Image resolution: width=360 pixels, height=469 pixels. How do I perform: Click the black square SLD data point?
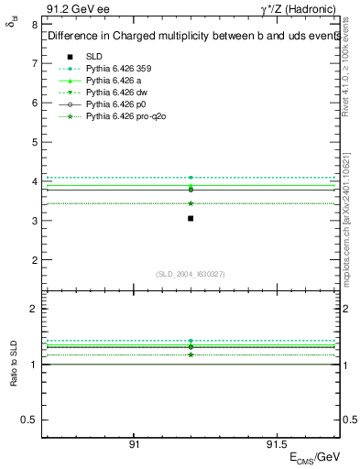point(190,218)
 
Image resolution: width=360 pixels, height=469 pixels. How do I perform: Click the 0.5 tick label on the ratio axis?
point(28,420)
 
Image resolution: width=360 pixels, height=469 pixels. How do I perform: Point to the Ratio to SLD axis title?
point(13,364)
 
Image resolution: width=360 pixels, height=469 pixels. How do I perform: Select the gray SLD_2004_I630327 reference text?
point(190,274)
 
